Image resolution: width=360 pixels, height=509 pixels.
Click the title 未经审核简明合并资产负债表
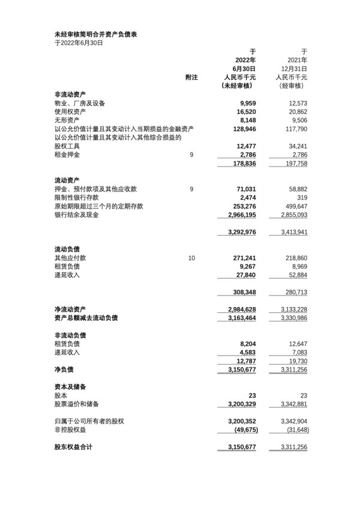click(95, 35)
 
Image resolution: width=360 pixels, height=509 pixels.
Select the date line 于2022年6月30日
click(79, 43)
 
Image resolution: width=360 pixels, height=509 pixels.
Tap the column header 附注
click(191, 77)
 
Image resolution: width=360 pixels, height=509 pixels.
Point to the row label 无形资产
click(67, 121)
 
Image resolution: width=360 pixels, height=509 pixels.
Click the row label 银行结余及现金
click(76, 215)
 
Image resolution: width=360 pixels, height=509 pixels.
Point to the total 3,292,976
click(242, 232)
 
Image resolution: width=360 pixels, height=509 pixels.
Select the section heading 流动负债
click(67, 249)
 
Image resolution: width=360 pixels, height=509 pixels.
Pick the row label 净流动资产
click(71, 309)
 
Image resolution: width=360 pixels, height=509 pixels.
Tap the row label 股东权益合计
click(76, 447)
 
